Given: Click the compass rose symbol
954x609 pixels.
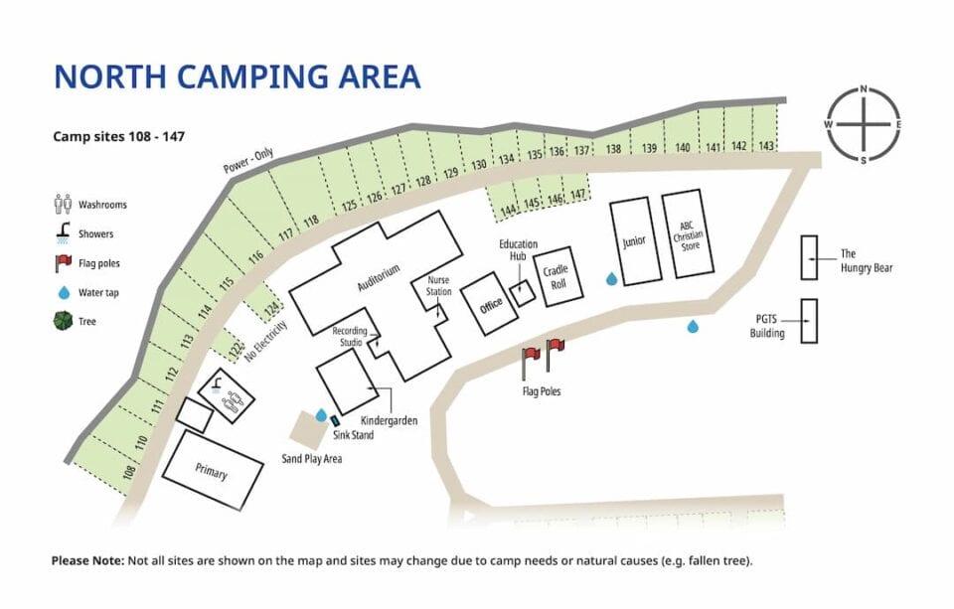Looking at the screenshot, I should pos(864,125).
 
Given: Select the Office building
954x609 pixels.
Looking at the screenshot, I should pos(491,304).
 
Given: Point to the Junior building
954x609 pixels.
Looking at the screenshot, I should pos(634,241).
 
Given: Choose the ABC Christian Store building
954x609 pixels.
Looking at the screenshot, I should pos(688,234).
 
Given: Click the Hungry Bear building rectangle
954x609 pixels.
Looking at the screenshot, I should pos(808,257).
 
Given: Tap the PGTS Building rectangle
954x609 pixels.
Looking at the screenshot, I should pos(809,321).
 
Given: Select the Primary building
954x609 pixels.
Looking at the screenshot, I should pos(211,473).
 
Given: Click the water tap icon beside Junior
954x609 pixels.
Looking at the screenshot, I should pos(611,280).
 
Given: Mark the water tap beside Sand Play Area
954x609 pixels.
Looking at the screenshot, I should pos(321,416).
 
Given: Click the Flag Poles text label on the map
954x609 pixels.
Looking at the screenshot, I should pos(541,391).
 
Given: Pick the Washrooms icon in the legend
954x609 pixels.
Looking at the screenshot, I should pos(63,205).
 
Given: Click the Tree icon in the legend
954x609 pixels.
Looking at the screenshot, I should pos(63,321).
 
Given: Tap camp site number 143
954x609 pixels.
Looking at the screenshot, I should pos(766,146).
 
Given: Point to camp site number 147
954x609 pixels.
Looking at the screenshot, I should pos(578,196).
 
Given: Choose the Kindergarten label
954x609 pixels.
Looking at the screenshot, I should pos(389,420).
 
